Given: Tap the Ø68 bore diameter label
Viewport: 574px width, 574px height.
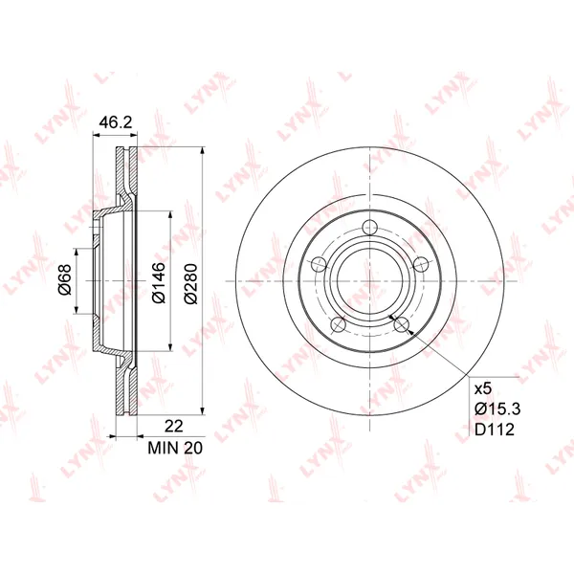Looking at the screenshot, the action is pyautogui.click(x=65, y=279).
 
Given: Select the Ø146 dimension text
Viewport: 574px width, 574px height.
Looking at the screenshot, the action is pyautogui.click(x=159, y=282).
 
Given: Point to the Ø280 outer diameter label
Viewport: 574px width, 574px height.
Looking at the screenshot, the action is pyautogui.click(x=191, y=283).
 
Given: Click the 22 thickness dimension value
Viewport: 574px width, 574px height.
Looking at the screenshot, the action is pyautogui.click(x=173, y=426).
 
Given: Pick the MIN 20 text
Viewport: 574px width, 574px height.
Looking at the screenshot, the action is pyautogui.click(x=175, y=448).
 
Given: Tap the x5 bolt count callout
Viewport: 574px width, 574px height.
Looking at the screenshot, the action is pyautogui.click(x=482, y=389).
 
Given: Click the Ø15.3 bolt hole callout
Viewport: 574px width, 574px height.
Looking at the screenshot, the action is pyautogui.click(x=497, y=408).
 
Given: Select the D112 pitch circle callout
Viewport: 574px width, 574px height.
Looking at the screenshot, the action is pyautogui.click(x=495, y=429).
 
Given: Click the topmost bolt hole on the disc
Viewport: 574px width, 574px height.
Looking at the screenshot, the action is pyautogui.click(x=370, y=227).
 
